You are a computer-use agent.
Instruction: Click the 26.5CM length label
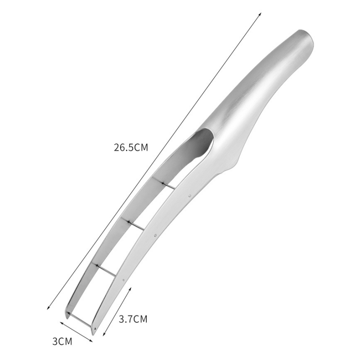pyautogui.click(x=131, y=148)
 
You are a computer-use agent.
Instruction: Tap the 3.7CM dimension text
pyautogui.click(x=133, y=319)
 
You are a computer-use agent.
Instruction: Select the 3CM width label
pyautogui.click(x=62, y=342)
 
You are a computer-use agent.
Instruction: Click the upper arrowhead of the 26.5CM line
pyautogui.click(x=261, y=14)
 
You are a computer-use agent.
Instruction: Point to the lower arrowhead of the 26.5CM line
pyautogui.click(x=48, y=308)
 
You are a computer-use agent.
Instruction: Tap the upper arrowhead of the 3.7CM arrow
pyautogui.click(x=130, y=288)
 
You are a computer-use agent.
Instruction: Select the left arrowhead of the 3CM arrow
pyautogui.click(x=62, y=323)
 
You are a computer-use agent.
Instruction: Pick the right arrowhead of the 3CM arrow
pyautogui.click(x=91, y=341)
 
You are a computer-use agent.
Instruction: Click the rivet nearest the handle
pyautogui.click(x=189, y=196)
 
